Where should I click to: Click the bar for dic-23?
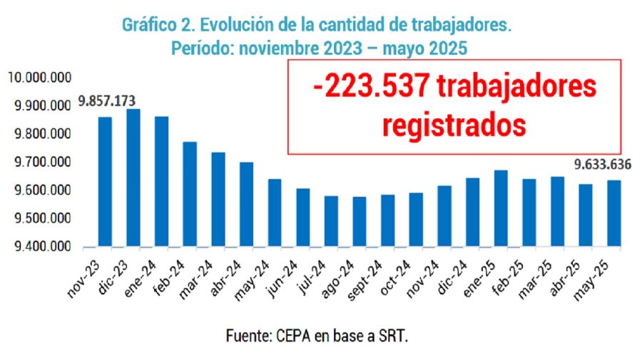pyautogui.click(x=133, y=178)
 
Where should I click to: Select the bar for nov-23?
pyautogui.click(x=105, y=182)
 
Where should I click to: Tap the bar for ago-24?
pyautogui.click(x=360, y=222)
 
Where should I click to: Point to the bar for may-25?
pyautogui.click(x=613, y=213)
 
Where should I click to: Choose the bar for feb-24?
pyautogui.click(x=190, y=194)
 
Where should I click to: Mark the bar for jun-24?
pyautogui.click(x=303, y=217)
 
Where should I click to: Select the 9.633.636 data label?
pyautogui.click(x=603, y=165)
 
